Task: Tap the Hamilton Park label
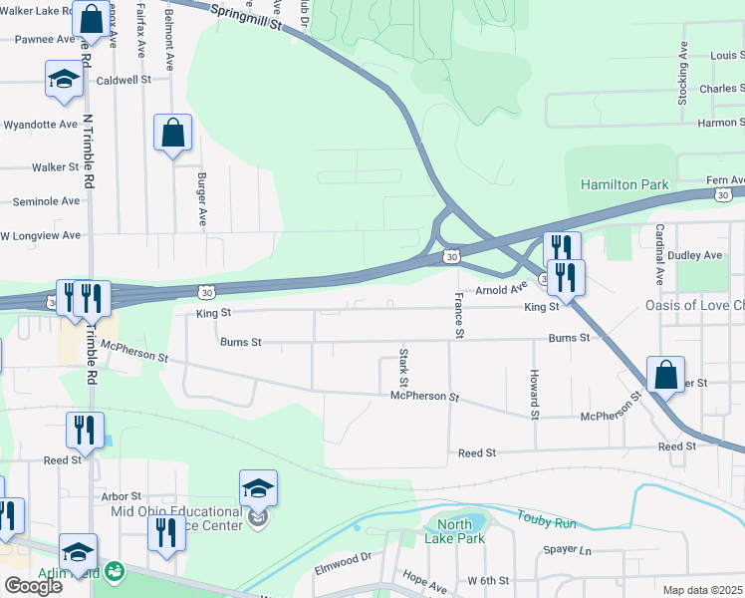[624, 186]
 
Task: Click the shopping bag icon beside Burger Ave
[172, 134]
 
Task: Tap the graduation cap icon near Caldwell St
[64, 80]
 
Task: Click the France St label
[459, 315]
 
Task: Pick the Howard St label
[535, 394]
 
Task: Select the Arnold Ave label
[500, 288]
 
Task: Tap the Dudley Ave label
[698, 255]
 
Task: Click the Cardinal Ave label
[659, 255]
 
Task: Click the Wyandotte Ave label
[40, 125]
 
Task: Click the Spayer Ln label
[567, 550]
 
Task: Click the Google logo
[33, 585]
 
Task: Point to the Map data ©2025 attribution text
[703, 590]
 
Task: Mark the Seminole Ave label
[46, 200]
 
